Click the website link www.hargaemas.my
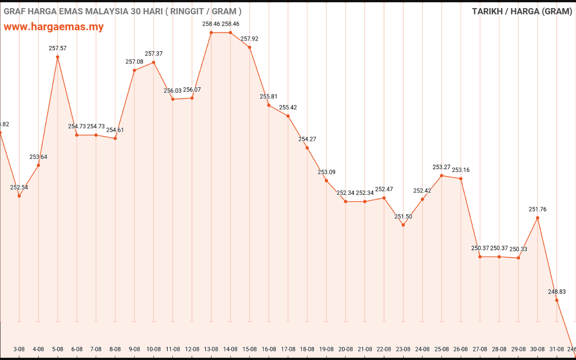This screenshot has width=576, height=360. tap(54, 27)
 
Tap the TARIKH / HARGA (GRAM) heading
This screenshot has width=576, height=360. tap(522, 11)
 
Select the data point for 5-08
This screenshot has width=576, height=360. tap(58, 57)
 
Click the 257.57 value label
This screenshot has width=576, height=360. tap(58, 48)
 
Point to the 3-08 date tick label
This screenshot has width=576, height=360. tap(19, 349)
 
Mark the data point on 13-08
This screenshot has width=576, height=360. tap(211, 32)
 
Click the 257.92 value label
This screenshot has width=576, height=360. tap(249, 39)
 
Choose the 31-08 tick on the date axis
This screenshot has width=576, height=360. tap(557, 349)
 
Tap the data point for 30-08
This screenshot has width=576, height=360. tap(538, 218)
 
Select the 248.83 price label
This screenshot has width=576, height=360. tap(557, 292)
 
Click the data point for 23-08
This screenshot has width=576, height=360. tap(403, 225)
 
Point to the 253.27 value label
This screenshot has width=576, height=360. tap(441, 167)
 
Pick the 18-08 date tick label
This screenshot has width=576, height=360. tap(307, 349)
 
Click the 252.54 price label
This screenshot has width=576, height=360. tap(19, 187)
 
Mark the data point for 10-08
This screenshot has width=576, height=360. tap(153, 63)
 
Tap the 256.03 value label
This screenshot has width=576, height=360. tap(173, 90)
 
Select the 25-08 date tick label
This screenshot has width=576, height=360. tap(441, 349)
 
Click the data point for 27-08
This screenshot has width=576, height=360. tap(480, 256)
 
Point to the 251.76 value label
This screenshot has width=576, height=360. tap(538, 209)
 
